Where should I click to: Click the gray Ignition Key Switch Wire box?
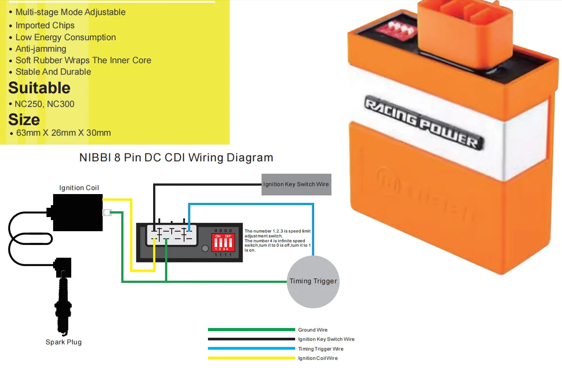click(296, 184)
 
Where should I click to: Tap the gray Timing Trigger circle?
click(313, 281)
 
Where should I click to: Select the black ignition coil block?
click(77, 213)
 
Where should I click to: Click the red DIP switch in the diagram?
click(223, 242)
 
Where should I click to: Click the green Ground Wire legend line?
click(251, 330)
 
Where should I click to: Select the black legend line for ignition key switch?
click(251, 339)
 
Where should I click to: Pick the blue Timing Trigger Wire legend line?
click(251, 349)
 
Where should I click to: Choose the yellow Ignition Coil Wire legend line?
click(251, 358)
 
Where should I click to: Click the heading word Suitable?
click(39, 88)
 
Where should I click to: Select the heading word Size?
click(24, 120)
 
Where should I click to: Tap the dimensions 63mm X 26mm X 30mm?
click(63, 133)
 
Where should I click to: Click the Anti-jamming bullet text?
click(41, 49)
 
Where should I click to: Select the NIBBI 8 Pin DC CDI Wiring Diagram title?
click(176, 158)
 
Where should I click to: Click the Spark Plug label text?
click(64, 342)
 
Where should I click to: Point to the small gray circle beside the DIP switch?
click(205, 248)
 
